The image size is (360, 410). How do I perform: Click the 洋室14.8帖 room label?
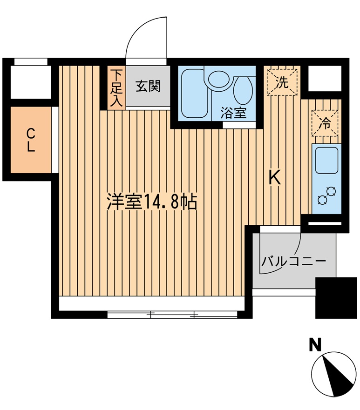[152, 202]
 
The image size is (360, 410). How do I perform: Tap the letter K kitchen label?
[275, 177]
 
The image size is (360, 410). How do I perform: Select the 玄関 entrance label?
[148, 86]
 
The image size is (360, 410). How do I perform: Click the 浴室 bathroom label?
[233, 113]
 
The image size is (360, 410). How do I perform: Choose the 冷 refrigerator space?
[324, 123]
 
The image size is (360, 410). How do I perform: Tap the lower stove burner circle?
[321, 200]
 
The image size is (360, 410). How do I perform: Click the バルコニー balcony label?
[293, 261]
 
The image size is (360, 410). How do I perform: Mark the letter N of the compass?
[316, 345]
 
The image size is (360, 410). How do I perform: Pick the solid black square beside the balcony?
[336, 297]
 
